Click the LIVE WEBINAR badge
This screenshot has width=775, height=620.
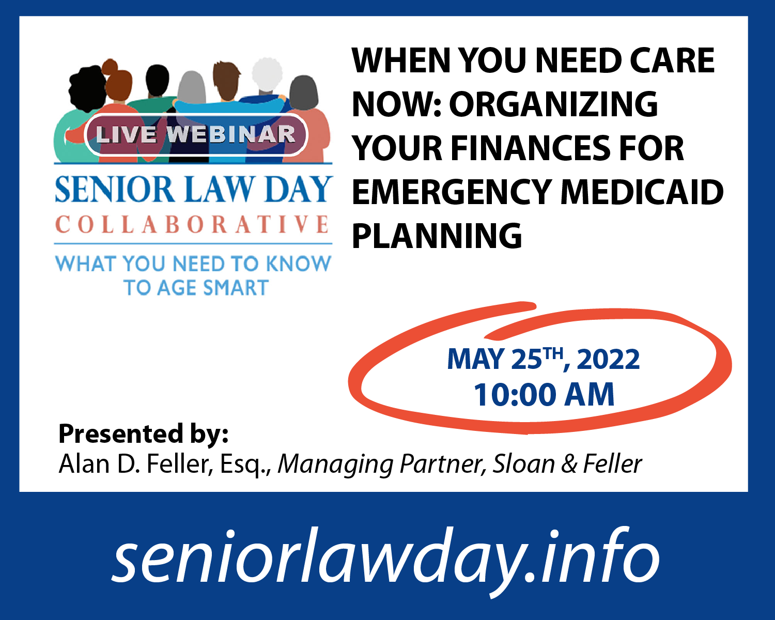(x=196, y=135)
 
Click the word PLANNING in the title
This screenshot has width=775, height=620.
(x=437, y=236)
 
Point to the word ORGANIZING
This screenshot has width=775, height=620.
(x=553, y=104)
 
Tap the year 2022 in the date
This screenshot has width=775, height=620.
(x=608, y=359)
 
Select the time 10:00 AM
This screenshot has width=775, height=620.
(x=544, y=395)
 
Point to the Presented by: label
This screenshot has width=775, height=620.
(x=143, y=433)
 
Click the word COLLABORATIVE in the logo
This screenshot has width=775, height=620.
(x=192, y=224)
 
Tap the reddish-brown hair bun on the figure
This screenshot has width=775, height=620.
(x=110, y=67)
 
